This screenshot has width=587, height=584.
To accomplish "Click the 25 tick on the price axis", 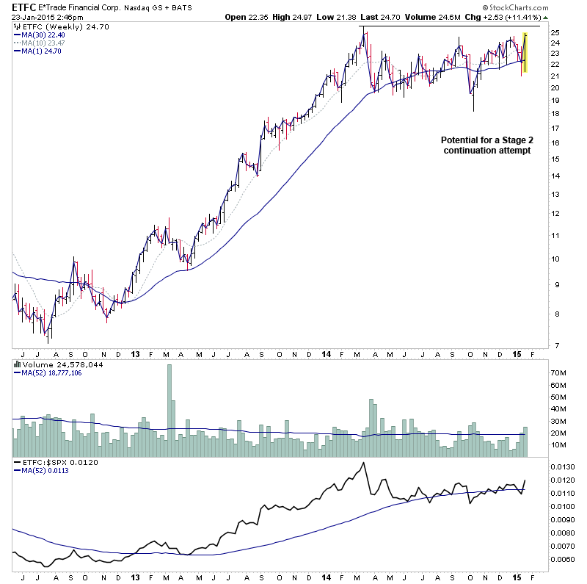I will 555,33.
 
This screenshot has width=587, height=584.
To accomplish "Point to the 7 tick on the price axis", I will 555,345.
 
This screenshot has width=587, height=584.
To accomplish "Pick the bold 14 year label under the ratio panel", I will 327,577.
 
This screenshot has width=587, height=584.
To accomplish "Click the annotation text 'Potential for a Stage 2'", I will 486,140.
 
